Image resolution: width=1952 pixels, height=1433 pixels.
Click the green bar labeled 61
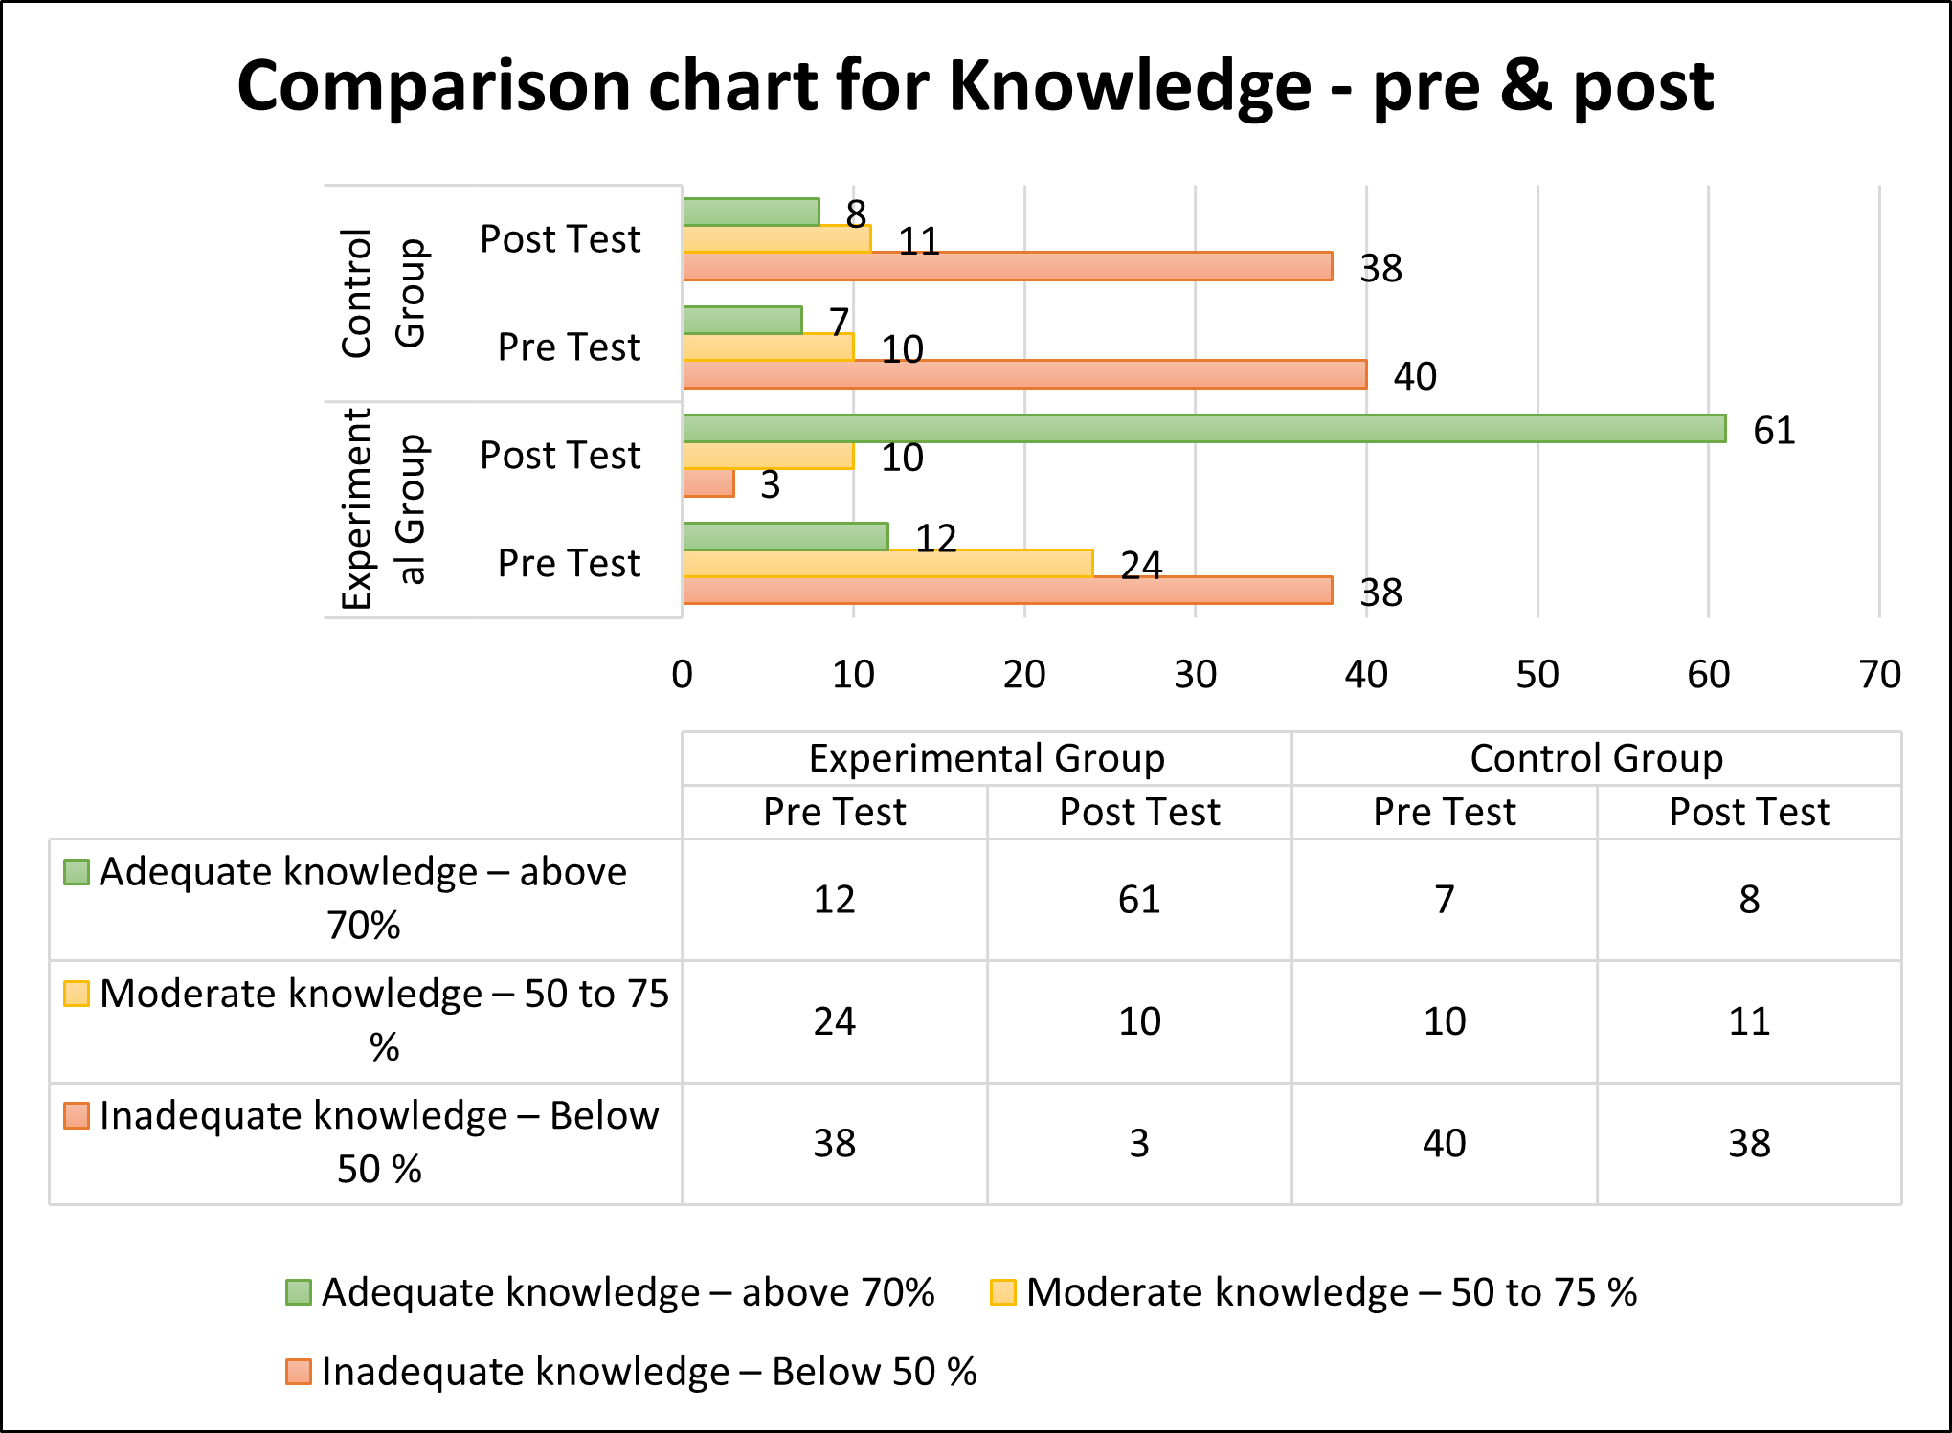coord(1204,429)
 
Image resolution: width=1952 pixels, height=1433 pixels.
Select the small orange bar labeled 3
coord(708,483)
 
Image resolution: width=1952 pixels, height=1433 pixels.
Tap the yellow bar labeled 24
coord(888,564)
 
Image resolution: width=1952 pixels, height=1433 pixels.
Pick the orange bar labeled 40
coord(1025,374)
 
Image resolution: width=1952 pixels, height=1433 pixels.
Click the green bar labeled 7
coord(743,320)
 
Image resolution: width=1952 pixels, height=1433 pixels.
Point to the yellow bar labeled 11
coord(777,238)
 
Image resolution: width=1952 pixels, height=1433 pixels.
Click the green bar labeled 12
coord(786,537)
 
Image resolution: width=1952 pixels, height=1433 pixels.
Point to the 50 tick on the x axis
coord(1537,675)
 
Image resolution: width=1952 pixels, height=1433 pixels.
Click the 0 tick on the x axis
coord(683,675)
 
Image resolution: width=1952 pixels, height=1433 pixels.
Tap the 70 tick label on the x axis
coord(1880,675)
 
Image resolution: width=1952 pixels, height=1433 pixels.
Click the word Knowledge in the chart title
coord(1130,86)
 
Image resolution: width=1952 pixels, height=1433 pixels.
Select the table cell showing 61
coord(1139,900)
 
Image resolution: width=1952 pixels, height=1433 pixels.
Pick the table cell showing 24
coord(835,1021)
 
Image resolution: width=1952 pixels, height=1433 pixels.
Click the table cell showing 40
coord(1445,1143)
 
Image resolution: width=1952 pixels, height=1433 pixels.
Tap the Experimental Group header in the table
coord(987,758)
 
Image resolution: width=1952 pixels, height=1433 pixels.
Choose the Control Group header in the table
coord(1597,758)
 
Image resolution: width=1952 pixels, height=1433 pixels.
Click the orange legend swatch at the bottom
coord(299,1372)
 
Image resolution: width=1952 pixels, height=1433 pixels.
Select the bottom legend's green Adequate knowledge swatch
coord(299,1292)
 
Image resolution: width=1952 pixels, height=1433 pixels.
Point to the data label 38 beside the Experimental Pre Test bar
coord(1381,593)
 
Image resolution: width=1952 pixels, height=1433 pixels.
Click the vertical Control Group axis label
coord(383,293)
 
